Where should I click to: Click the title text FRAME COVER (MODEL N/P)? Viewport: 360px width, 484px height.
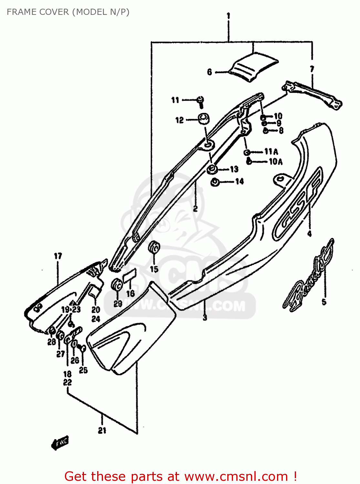pos(68,12)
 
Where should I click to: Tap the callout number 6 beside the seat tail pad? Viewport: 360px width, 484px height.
pos(210,72)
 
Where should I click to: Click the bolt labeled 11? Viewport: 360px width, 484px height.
pos(201,101)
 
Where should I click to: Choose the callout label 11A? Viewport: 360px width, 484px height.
pos(271,152)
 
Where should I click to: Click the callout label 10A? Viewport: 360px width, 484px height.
pos(275,162)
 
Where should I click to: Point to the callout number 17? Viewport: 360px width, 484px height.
pos(58,256)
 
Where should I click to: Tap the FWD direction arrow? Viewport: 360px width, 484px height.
pos(60,443)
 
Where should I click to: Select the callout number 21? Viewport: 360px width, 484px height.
pos(102,430)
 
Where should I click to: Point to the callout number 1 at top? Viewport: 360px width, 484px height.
pos(228,15)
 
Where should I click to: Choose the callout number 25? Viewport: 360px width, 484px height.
pos(83,370)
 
